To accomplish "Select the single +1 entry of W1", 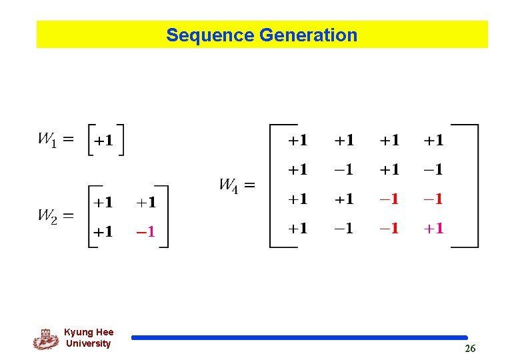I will click(x=103, y=141).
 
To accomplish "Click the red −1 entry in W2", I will click(x=145, y=232).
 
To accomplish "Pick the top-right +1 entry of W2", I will click(x=145, y=202).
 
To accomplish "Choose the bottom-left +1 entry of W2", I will click(x=102, y=232).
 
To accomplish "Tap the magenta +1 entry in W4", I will click(x=433, y=229).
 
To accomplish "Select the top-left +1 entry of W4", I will click(x=297, y=141).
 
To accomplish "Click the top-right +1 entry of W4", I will click(x=433, y=141).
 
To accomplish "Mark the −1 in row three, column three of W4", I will click(x=389, y=199).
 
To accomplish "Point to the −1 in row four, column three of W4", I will click(x=389, y=229).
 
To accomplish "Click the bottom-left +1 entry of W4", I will click(x=297, y=229).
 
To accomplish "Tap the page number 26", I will click(x=470, y=349).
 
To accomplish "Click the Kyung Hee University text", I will click(x=89, y=338).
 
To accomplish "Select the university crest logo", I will click(x=46, y=339).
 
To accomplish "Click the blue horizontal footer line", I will click(x=300, y=338).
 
